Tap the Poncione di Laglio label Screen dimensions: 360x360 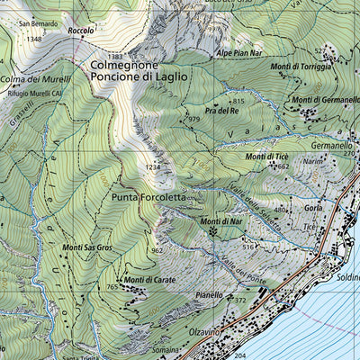[x=139, y=77]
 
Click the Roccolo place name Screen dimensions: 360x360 [x=81, y=31]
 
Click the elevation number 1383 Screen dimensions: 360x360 [x=114, y=57]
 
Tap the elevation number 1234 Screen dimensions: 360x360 [x=154, y=167]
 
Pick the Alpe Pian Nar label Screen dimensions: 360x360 [x=237, y=53]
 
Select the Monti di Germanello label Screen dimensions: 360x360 [x=320, y=99]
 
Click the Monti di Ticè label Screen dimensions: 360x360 [x=266, y=157]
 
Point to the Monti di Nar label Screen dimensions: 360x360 [x=220, y=221]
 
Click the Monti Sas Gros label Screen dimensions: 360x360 [x=87, y=247]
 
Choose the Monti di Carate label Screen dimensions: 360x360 [x=148, y=280]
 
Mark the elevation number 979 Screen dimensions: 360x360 [x=193, y=119]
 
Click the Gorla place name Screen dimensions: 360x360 [x=314, y=207]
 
